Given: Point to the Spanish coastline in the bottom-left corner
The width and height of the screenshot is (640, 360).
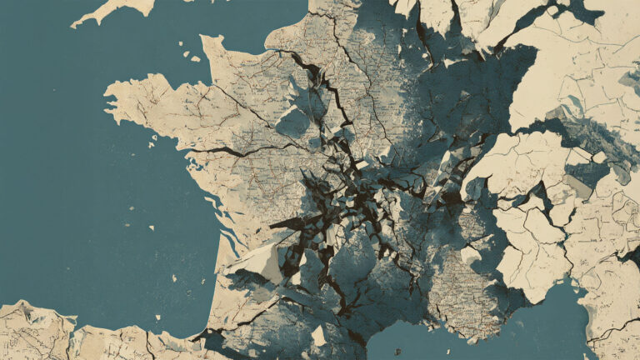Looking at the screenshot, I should point(50,329).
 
